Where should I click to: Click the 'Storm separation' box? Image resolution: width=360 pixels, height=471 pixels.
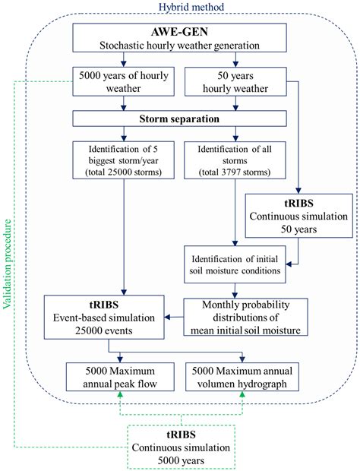pos(180,119)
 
